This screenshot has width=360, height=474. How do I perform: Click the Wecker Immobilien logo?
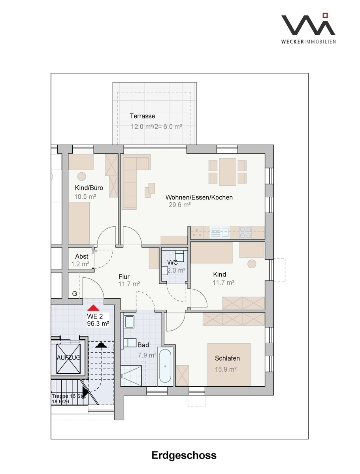tap(308, 28)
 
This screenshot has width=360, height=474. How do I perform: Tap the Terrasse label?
tap(142, 116)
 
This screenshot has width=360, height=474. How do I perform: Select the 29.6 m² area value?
tap(179, 205)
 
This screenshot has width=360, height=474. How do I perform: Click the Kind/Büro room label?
tap(89, 188)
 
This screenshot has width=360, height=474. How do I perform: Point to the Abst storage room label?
tap(82, 256)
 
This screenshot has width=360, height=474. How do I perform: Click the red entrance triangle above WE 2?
tap(93, 308)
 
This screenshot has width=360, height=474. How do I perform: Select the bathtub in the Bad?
tap(165, 367)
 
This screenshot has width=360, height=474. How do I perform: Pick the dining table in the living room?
tap(227, 172)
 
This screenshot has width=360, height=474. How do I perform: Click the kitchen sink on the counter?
tap(219, 232)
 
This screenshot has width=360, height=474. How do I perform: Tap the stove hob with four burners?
tap(245, 232)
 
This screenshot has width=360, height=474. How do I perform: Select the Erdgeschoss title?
tap(184, 455)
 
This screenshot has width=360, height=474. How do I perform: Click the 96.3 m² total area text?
tap(98, 324)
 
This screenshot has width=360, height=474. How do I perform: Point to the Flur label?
tap(124, 276)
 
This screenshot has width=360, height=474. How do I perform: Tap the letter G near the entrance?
tap(75, 293)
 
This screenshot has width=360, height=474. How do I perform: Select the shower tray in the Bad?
tap(131, 376)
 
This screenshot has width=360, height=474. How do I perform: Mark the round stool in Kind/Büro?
tap(82, 177)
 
